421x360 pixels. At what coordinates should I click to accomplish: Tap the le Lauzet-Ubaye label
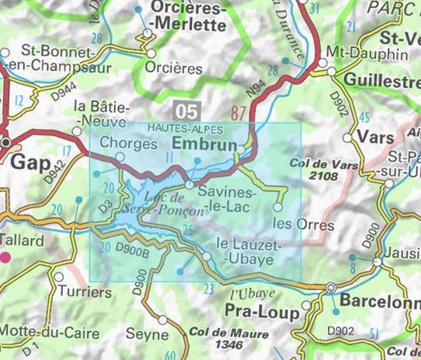tap(244, 252)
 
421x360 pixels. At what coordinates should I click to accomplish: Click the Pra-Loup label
tap(262, 313)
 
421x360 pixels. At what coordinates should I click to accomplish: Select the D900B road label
tap(131, 251)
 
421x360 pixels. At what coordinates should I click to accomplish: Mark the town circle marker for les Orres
tap(278, 207)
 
